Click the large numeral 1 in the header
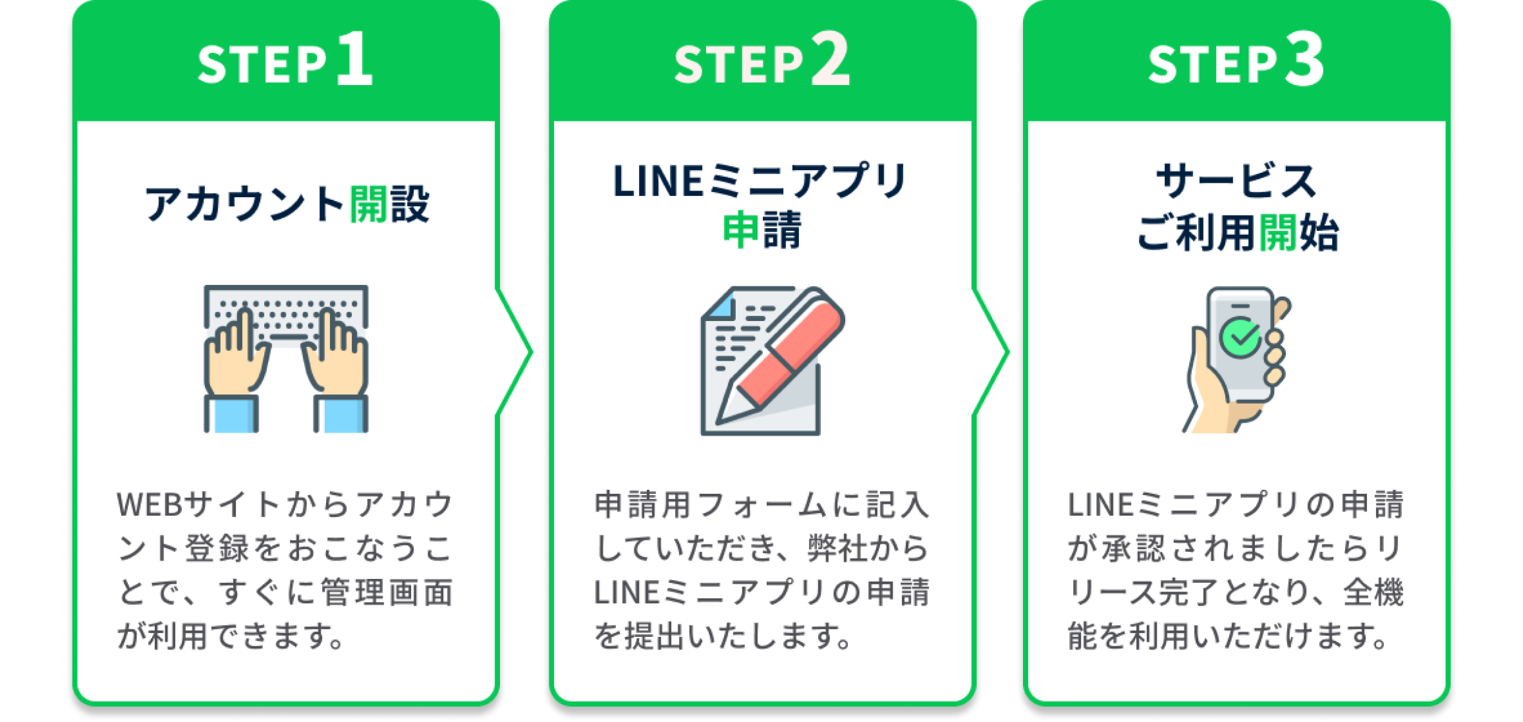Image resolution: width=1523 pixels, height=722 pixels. [x=355, y=59]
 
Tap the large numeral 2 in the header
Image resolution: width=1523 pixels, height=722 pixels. [x=830, y=59]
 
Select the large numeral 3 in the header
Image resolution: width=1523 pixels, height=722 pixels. [x=1304, y=59]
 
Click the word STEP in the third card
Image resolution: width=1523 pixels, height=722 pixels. [x=1212, y=65]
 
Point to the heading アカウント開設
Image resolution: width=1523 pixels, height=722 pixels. [x=287, y=204]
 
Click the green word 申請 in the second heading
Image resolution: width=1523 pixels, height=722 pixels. [x=762, y=230]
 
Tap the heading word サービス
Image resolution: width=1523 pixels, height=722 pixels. [x=1237, y=181]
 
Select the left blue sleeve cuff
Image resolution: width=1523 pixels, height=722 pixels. [x=231, y=414]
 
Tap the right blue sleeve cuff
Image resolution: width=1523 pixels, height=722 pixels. [x=341, y=414]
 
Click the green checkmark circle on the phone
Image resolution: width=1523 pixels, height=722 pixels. [x=1240, y=338]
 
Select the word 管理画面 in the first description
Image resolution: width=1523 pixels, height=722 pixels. [x=387, y=592]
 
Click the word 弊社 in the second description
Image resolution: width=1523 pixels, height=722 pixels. [x=835, y=549]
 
